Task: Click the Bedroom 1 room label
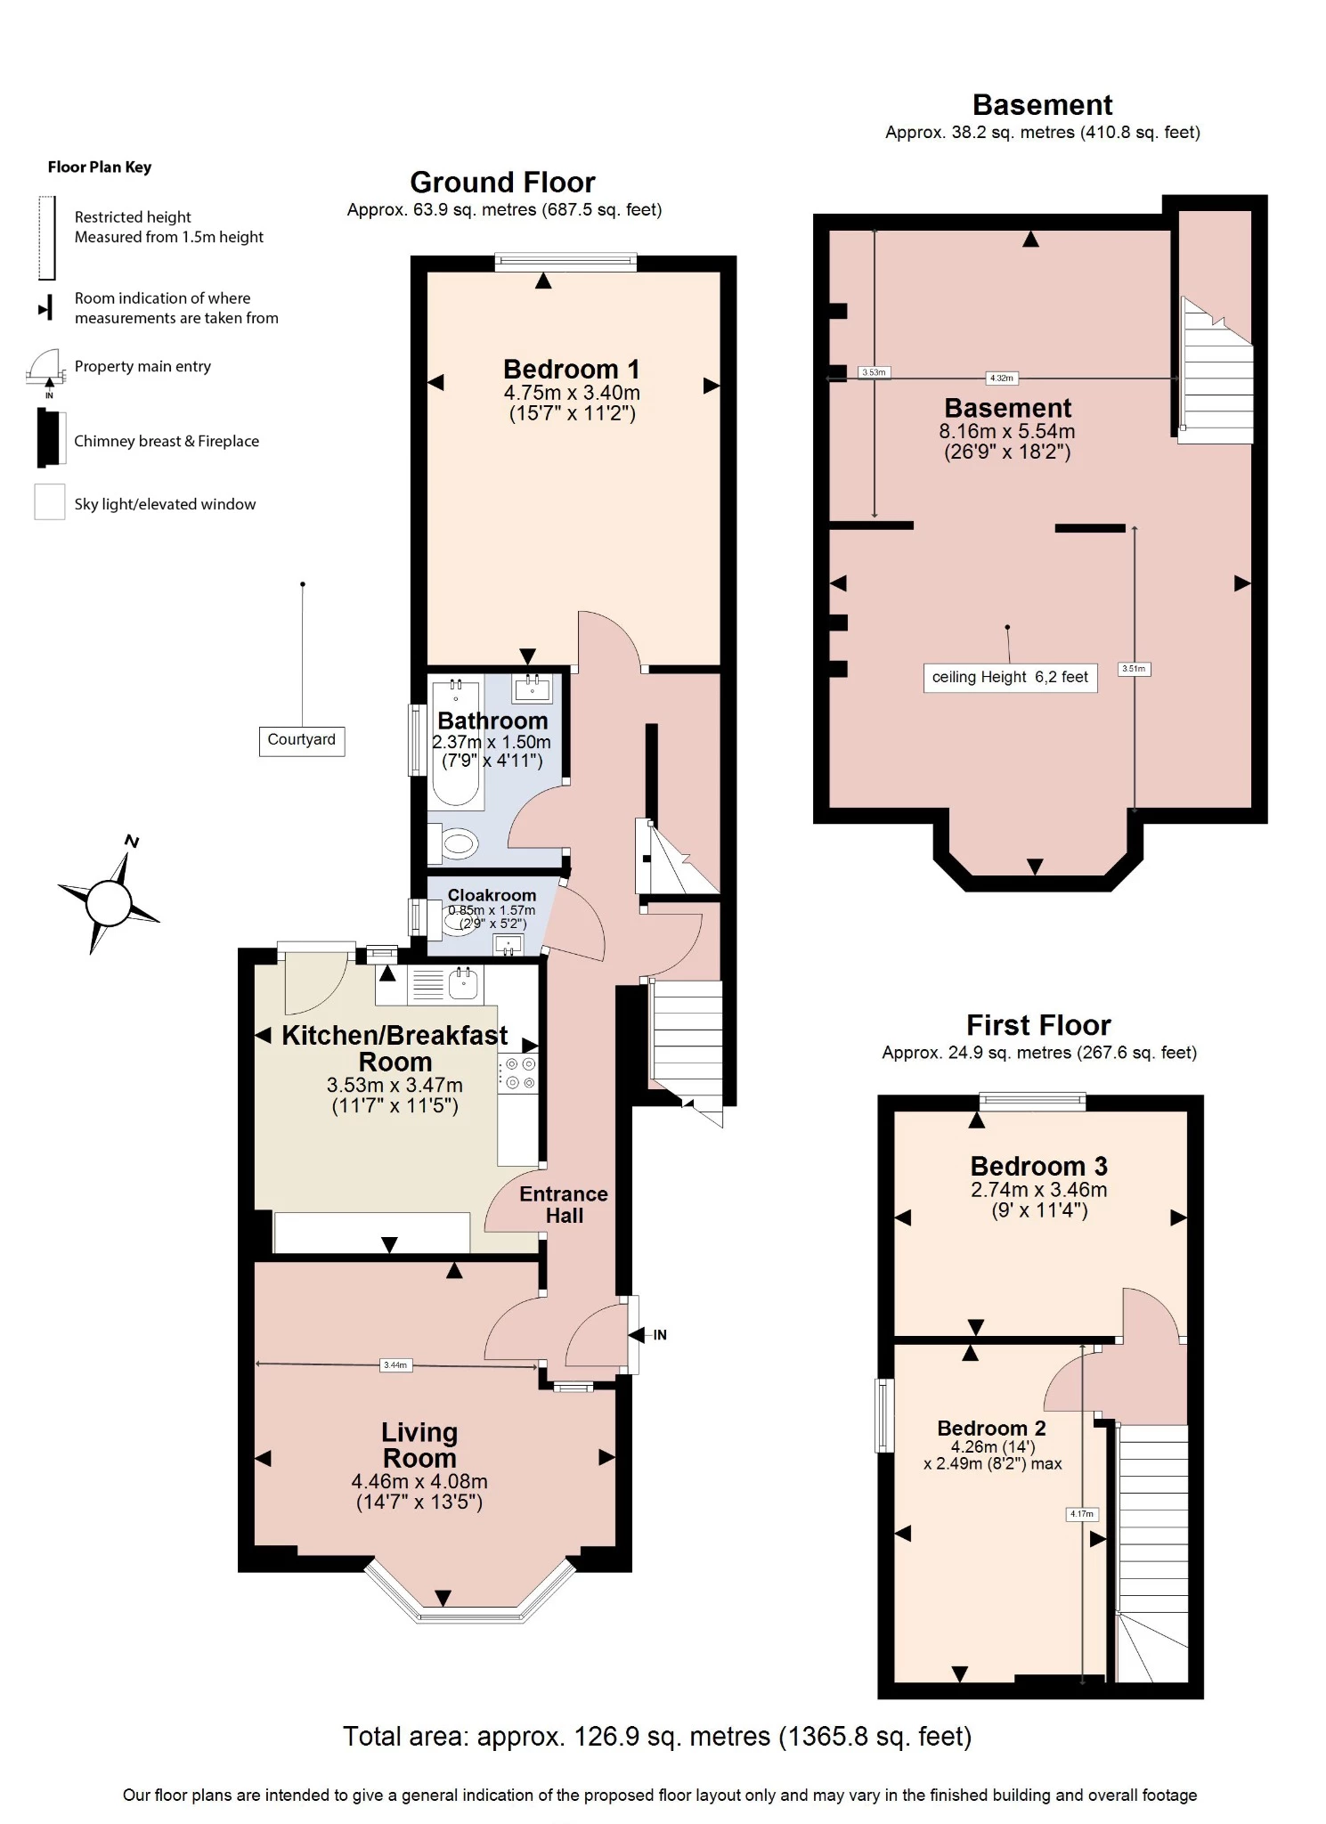[x=571, y=370]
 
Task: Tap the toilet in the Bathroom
[x=458, y=843]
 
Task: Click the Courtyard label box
[x=302, y=740]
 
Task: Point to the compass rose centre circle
[x=109, y=903]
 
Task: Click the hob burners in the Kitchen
[x=519, y=1073]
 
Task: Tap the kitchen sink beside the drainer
[x=464, y=983]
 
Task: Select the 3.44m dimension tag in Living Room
[x=395, y=1364]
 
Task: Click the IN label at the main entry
[x=660, y=1335]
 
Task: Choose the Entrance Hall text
[x=564, y=1205]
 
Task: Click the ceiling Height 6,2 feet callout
[x=1010, y=677]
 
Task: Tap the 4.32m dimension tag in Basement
[x=1001, y=378]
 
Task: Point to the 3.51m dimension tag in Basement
[x=1134, y=669]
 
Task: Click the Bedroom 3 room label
[x=1038, y=1166]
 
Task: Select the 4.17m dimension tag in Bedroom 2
[x=1082, y=1513]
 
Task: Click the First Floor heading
[x=1038, y=1025]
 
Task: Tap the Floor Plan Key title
[x=100, y=167]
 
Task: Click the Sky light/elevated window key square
[x=50, y=501]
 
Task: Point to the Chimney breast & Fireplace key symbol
[x=51, y=437]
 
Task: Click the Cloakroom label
[x=492, y=895]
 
